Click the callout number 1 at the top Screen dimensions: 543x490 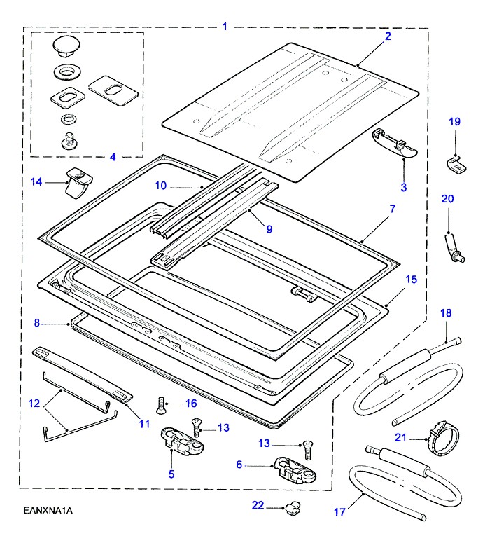coord(225,27)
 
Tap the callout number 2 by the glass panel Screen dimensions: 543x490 coord(388,36)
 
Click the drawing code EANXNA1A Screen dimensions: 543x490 coord(47,510)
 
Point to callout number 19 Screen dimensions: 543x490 coord(454,121)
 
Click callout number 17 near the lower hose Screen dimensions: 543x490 coord(339,512)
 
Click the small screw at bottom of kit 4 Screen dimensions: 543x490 coord(69,140)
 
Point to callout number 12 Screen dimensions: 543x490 coord(34,403)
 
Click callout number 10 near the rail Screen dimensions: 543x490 coord(160,186)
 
